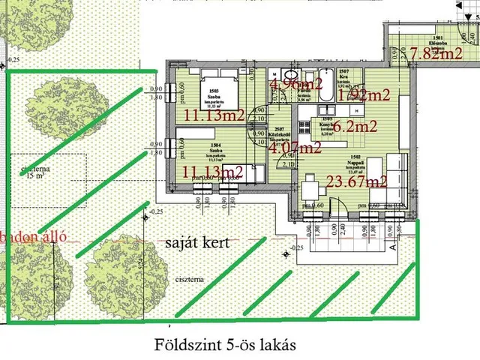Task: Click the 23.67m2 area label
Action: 357,181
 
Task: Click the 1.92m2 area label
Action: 364,95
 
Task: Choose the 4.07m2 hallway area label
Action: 295,148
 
